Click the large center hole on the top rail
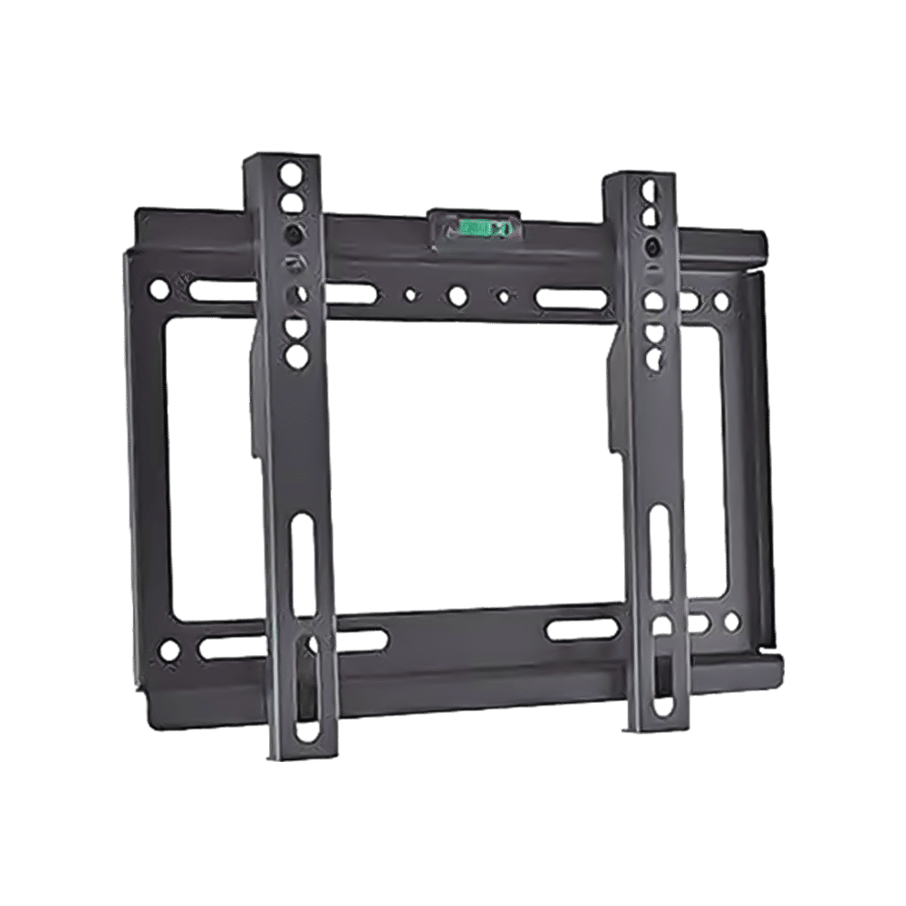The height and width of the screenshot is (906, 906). click(x=454, y=294)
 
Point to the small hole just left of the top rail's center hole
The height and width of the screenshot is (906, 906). click(x=411, y=294)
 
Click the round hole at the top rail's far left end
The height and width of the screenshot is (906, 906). click(x=159, y=290)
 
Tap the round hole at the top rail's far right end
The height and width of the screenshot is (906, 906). click(x=722, y=300)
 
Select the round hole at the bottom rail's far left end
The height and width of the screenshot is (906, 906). click(x=167, y=648)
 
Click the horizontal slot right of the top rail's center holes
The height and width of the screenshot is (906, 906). click(x=571, y=296)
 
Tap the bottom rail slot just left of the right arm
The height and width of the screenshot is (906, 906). click(x=581, y=628)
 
